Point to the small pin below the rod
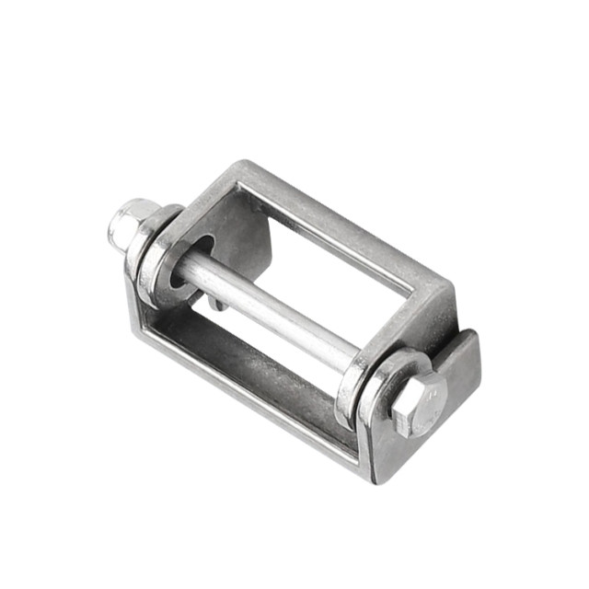[214, 301]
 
